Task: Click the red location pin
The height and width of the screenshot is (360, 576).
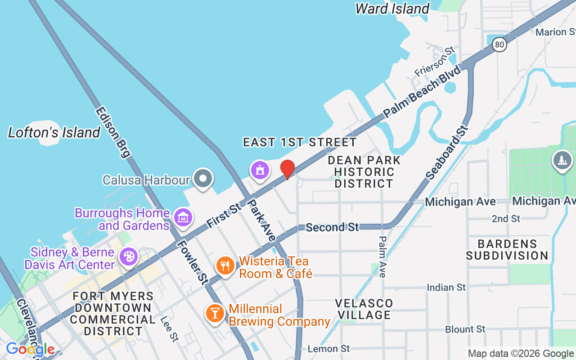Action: tap(288, 169)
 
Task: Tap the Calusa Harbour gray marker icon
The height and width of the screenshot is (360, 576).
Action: tap(203, 178)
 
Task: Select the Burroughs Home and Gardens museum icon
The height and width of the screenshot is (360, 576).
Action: tap(183, 217)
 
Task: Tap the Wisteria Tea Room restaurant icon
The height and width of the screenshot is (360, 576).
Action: tap(225, 265)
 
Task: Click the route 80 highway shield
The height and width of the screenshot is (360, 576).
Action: tap(499, 44)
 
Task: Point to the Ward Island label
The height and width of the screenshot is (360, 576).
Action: tap(392, 9)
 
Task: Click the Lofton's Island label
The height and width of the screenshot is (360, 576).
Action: tap(54, 132)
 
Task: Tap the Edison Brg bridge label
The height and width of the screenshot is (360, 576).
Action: tap(112, 132)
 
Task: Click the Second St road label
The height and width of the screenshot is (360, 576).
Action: tap(332, 227)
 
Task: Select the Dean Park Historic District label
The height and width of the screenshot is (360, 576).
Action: tap(364, 172)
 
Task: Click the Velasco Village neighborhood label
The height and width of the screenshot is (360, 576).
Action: tap(364, 309)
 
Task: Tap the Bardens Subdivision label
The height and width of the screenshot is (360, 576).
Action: tap(507, 250)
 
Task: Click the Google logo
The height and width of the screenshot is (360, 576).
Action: tap(30, 349)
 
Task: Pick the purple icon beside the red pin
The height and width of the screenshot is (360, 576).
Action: tap(260, 170)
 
